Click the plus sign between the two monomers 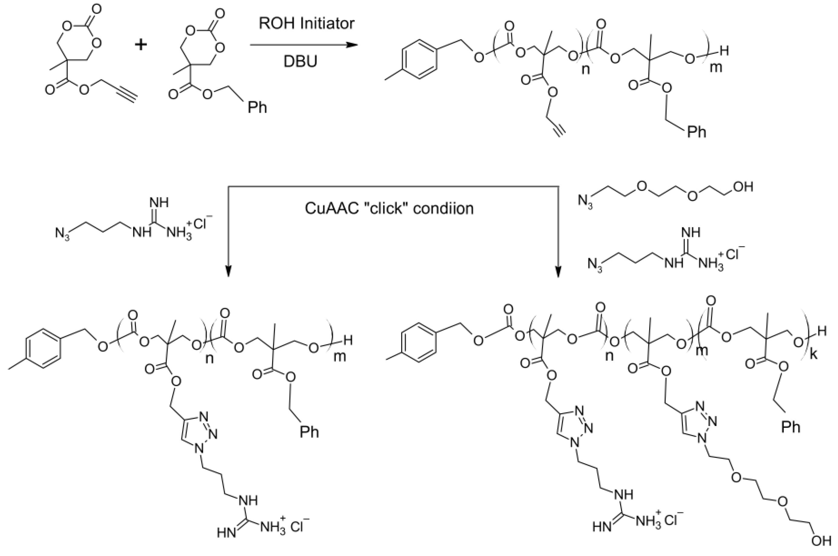coord(141,45)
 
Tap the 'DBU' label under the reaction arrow coord(300,61)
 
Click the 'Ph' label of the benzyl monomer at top coord(257,107)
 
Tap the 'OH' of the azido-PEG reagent coord(743,187)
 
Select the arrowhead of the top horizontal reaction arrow coord(351,45)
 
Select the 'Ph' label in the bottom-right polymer coord(791,427)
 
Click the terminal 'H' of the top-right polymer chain coord(724,52)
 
